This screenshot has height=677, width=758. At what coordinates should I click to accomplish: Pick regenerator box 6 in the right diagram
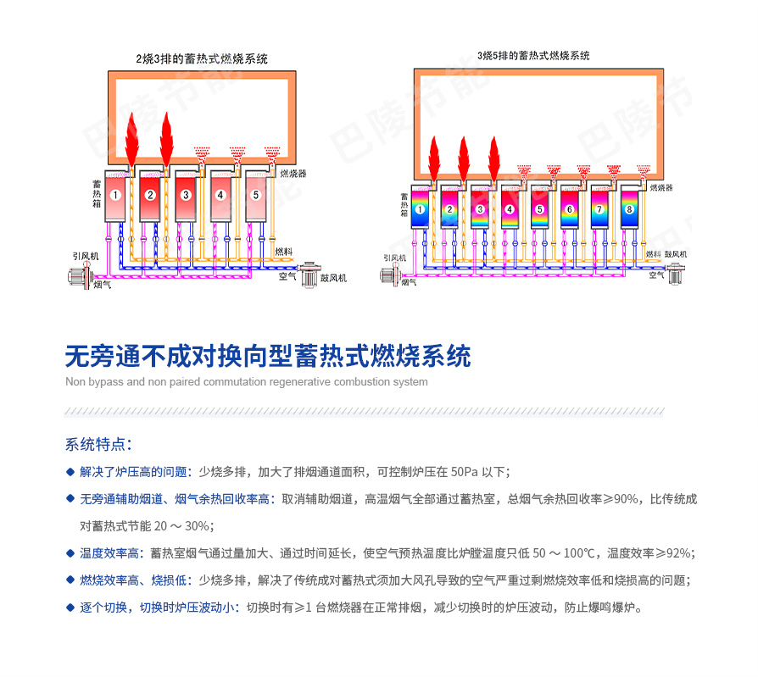tap(570, 209)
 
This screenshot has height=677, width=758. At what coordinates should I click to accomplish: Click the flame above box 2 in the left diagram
tap(166, 140)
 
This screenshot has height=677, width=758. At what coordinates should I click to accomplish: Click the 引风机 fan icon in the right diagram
tap(392, 275)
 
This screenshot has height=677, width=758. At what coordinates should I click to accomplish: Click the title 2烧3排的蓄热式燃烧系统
tap(202, 59)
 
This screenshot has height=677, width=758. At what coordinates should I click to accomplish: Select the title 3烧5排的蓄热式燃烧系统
tap(533, 56)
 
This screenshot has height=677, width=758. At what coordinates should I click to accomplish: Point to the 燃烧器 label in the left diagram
tap(293, 173)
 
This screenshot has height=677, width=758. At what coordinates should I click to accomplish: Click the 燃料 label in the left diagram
tap(285, 252)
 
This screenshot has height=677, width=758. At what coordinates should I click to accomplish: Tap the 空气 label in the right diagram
tap(656, 275)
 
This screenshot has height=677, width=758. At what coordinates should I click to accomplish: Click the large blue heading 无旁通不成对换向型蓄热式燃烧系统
tap(268, 355)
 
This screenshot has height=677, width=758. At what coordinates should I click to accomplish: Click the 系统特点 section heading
tap(98, 445)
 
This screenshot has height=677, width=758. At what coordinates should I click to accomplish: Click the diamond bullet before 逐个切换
tap(70, 608)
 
